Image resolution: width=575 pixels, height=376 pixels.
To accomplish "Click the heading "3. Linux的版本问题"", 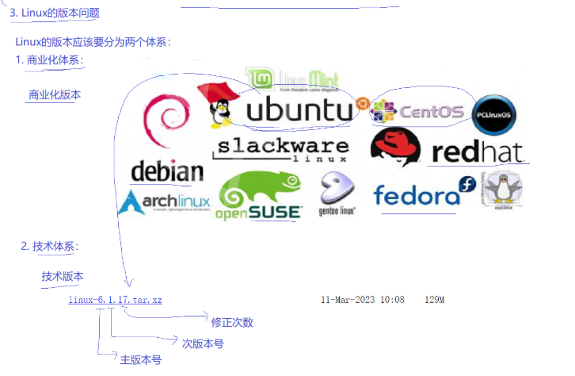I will tap(55, 13).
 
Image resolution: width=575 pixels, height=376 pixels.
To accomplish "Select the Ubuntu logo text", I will tap(299, 111).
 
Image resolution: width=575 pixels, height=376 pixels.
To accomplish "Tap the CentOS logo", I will tap(417, 112).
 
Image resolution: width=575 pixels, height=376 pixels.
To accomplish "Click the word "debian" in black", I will tap(167, 171).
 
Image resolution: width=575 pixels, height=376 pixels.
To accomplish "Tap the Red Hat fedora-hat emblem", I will tap(395, 147).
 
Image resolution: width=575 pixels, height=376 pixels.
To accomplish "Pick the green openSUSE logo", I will tap(260, 197).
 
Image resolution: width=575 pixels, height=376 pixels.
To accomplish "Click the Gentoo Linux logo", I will tap(337, 194).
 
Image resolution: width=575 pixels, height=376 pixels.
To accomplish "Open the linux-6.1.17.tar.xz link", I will tap(115, 300).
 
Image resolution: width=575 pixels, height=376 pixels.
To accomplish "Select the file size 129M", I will tap(434, 300).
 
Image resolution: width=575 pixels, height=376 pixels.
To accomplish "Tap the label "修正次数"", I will tap(232, 323).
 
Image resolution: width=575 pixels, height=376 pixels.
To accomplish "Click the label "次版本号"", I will tap(203, 343).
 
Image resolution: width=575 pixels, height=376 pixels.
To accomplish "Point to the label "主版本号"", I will tap(141, 360).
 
